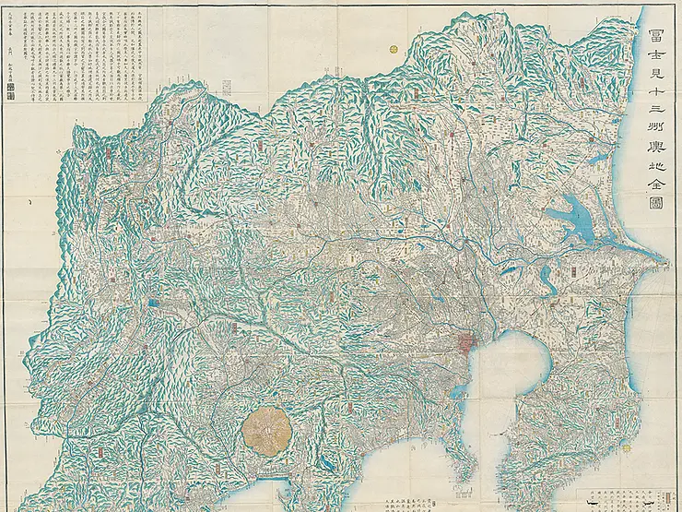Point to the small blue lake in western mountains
click(x=152, y=301)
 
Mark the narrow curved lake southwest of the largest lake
click(x=544, y=275)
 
